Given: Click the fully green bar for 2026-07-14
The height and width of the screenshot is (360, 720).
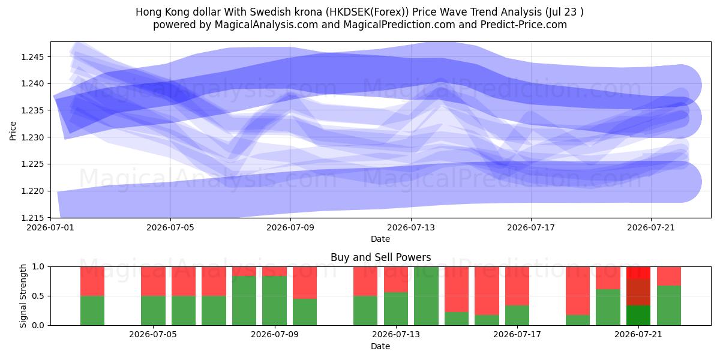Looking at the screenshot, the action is pyautogui.click(x=426, y=296).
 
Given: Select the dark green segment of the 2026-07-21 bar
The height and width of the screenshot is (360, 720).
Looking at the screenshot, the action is pyautogui.click(x=638, y=316).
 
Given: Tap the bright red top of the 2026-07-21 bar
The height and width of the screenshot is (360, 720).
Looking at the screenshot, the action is pyautogui.click(x=638, y=273).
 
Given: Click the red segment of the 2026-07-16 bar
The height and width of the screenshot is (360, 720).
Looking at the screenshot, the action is pyautogui.click(x=487, y=291).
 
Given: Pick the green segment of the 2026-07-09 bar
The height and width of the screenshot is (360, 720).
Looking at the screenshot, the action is pyautogui.click(x=275, y=301).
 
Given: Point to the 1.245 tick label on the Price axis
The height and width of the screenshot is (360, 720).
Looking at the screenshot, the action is pyautogui.click(x=32, y=57).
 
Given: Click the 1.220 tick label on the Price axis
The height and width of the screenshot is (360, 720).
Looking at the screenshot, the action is pyautogui.click(x=32, y=191).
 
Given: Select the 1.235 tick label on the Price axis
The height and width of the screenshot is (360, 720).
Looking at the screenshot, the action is pyautogui.click(x=32, y=110).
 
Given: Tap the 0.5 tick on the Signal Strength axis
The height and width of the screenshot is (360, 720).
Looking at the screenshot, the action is pyautogui.click(x=38, y=296).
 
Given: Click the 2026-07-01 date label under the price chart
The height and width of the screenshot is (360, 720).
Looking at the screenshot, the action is pyautogui.click(x=50, y=227).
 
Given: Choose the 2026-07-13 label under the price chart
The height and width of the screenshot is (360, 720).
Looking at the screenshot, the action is pyautogui.click(x=411, y=227).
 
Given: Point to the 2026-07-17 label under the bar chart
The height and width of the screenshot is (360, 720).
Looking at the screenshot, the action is pyautogui.click(x=517, y=335).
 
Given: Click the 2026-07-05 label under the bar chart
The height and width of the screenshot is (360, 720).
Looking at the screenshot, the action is pyautogui.click(x=153, y=335).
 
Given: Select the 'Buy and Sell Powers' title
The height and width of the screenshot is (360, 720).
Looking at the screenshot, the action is pyautogui.click(x=380, y=257).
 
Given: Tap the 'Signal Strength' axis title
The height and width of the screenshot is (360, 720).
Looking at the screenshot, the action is pyautogui.click(x=23, y=296).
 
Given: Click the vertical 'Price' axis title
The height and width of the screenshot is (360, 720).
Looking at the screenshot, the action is pyautogui.click(x=13, y=131).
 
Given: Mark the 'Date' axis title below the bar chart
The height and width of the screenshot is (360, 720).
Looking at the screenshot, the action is pyautogui.click(x=380, y=346).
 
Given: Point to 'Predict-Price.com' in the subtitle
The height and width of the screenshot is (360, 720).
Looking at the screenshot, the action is pyautogui.click(x=524, y=25).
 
